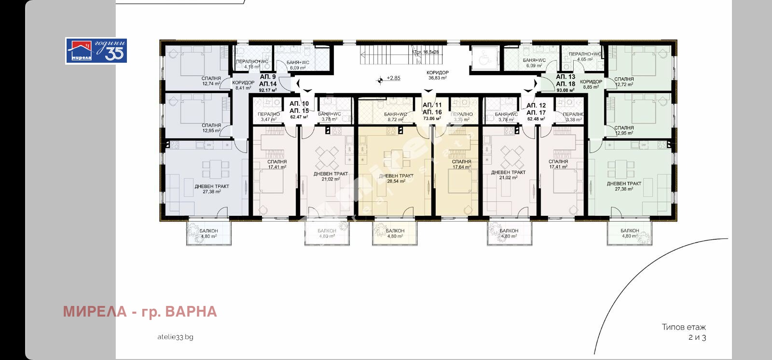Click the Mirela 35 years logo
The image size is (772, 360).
coord(96,51)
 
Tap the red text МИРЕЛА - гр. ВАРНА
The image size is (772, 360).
coord(140,312)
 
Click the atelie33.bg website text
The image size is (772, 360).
coord(175,337)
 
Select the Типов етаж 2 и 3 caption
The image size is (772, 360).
coord(684,332)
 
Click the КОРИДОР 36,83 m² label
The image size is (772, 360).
coord(438,75)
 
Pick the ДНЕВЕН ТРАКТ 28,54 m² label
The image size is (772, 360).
coord(396,179)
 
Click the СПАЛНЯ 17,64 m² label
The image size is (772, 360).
coord(462,165)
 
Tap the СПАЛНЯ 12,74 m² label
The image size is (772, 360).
coord(211,81)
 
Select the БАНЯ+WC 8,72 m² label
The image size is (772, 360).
coord(395,116)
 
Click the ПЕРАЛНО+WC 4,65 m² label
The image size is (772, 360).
coord(585,56)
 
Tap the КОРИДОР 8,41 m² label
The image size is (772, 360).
coord(243,85)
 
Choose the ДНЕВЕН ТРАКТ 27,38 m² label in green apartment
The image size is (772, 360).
coord(624,186)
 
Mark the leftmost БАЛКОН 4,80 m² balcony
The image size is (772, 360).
coord(209,234)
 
